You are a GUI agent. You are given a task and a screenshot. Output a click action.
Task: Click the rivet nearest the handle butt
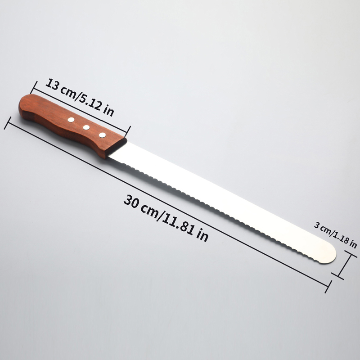click(71, 120)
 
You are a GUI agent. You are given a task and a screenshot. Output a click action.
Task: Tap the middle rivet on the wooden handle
click(86, 127)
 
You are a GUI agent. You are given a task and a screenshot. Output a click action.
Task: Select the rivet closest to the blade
click(102, 135)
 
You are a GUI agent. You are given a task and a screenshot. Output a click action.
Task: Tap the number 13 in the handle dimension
click(52, 85)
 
